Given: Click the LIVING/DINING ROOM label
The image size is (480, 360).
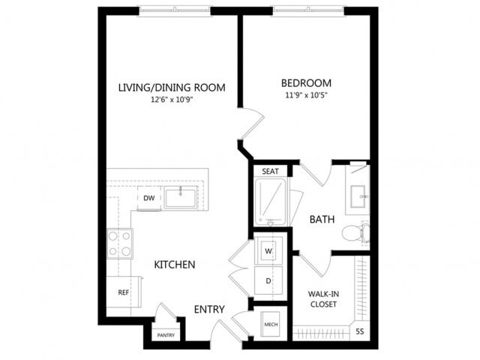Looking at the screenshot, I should point(172,87).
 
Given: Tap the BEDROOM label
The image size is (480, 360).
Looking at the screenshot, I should point(306,82).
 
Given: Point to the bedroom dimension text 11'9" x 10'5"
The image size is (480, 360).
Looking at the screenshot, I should point(306,95).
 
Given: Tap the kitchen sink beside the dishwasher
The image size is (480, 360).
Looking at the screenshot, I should point(180,198).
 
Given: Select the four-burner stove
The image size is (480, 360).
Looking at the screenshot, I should point(120,242).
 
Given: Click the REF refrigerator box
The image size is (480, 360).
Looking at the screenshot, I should point(122,291).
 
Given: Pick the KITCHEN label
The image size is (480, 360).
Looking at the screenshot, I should point(175,265).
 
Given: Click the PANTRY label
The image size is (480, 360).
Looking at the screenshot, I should point(166,335).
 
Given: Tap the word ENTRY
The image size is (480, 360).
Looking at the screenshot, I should point(209,309).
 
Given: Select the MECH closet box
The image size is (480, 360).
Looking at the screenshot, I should point(270,325).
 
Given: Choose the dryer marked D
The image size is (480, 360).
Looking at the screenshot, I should point(268,280).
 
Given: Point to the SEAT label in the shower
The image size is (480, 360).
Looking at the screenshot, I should point(270,172).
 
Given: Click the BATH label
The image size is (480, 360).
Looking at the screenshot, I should point(322,219).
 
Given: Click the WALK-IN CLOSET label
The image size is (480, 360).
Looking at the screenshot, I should point(322,299).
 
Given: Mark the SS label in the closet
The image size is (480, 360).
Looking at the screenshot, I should point(359,331).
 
